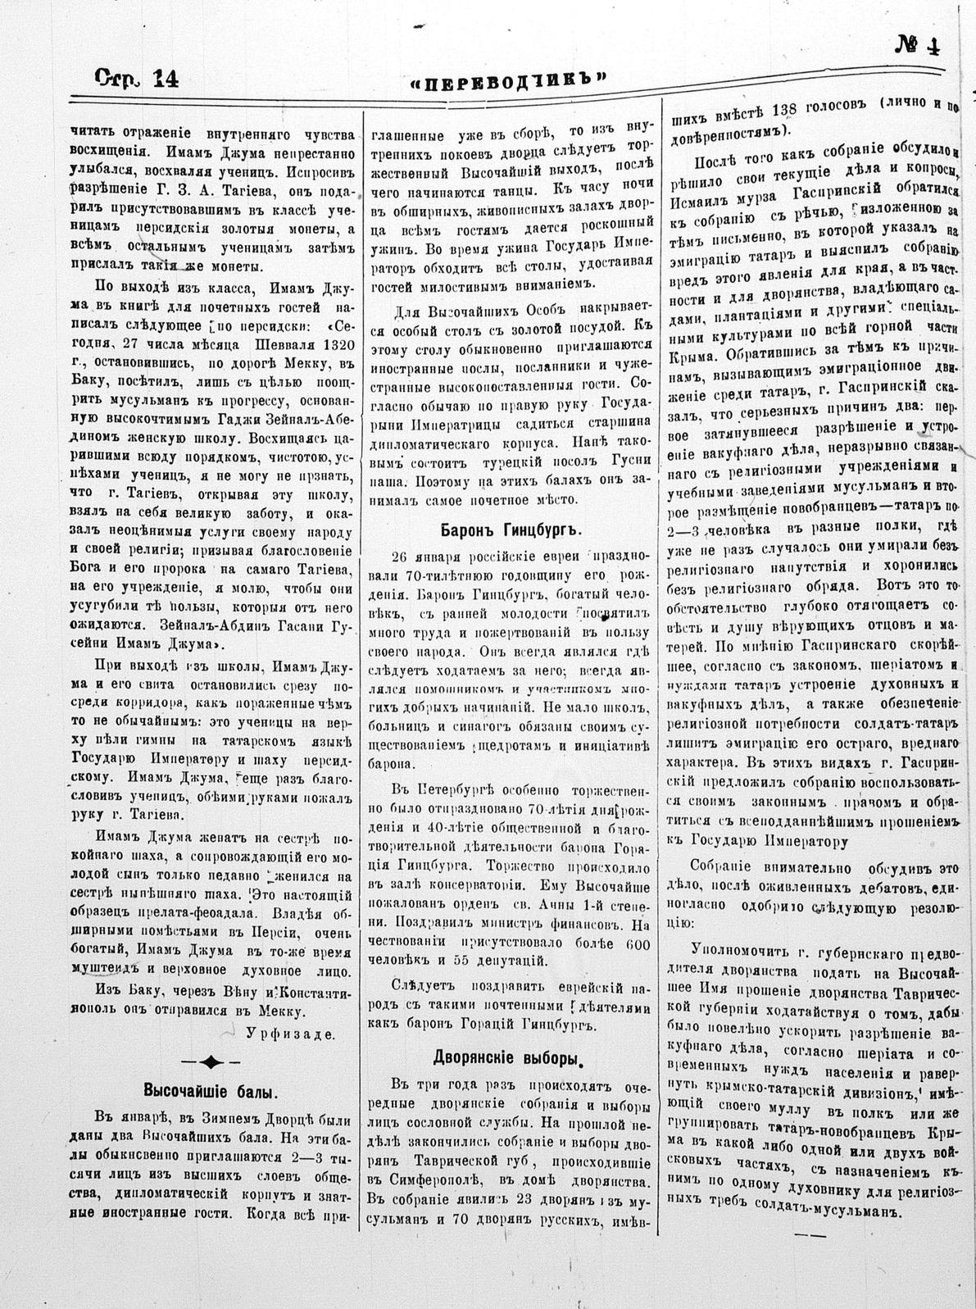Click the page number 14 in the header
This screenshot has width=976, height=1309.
[161, 77]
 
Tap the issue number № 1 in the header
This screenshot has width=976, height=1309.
[917, 45]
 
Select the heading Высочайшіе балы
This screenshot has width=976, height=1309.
[211, 1091]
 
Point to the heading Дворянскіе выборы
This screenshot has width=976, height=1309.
[509, 1057]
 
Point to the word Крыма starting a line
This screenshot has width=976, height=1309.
[693, 355]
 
